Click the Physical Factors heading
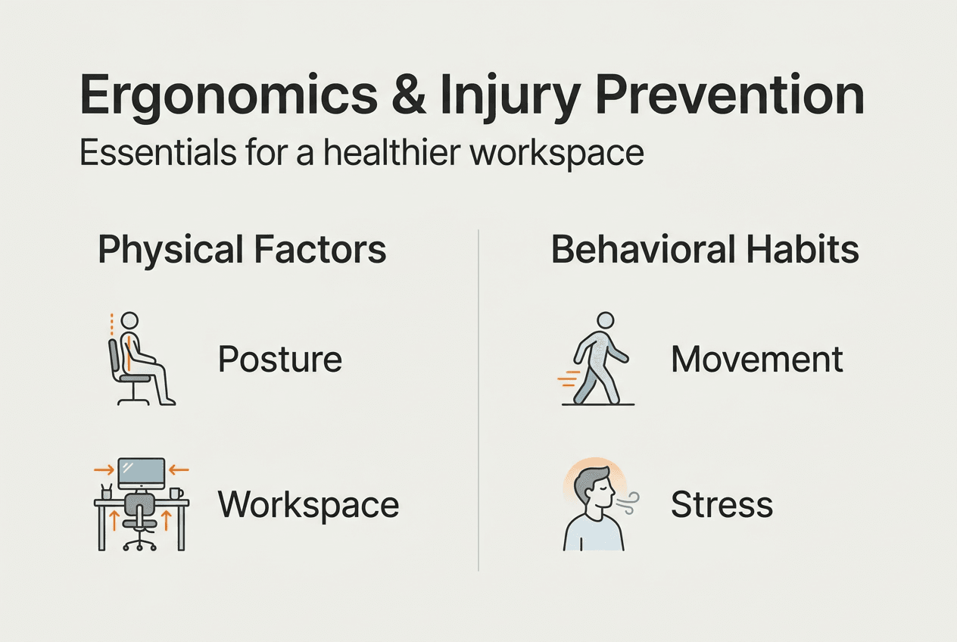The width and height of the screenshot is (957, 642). [242, 250]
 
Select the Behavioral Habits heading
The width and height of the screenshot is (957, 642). [705, 250]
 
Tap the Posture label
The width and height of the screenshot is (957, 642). [280, 360]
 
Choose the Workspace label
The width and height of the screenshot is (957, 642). [308, 504]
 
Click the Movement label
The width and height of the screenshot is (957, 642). [756, 360]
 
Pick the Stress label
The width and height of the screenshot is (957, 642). [722, 504]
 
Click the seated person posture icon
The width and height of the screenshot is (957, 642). [140, 360]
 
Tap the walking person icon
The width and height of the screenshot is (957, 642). [598, 360]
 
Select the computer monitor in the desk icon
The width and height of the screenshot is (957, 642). [141, 473]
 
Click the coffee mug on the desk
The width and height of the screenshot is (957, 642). [176, 494]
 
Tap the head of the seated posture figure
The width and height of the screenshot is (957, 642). [130, 319]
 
